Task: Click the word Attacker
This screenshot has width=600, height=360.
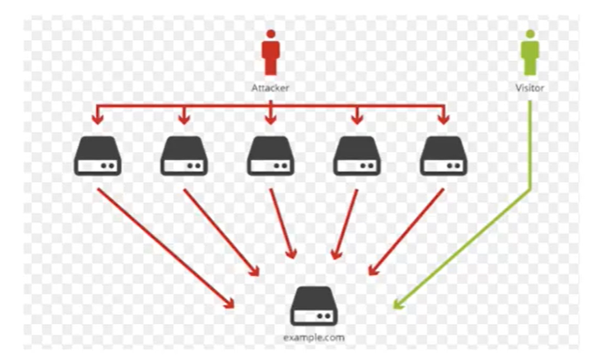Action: tap(271, 88)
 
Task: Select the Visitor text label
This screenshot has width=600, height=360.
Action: tap(529, 88)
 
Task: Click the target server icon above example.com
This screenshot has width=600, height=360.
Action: tap(314, 307)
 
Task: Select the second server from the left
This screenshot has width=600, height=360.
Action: tap(183, 156)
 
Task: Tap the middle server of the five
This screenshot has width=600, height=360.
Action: tap(271, 156)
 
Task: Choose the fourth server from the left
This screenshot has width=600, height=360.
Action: tap(356, 156)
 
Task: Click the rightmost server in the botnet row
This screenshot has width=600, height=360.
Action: tap(443, 156)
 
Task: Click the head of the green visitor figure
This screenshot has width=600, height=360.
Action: tap(529, 35)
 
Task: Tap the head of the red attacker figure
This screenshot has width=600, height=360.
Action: tap(271, 35)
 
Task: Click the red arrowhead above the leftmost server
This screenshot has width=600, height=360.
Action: tap(98, 120)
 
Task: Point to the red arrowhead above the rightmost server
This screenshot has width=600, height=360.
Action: tap(443, 120)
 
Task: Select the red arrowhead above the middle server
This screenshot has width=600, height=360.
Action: tap(271, 120)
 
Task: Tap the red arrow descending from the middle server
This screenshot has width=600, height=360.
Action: tap(281, 223)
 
